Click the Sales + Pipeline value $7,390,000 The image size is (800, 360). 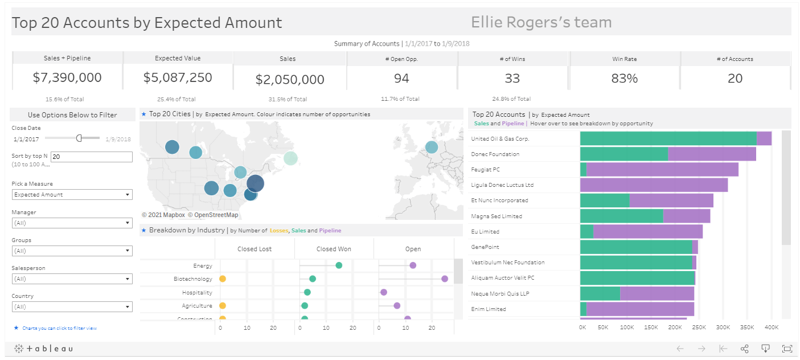tap(67, 78)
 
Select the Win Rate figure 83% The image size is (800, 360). tap(624, 79)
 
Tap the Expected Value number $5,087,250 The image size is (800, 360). tap(178, 78)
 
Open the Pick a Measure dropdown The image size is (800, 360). tap(72, 195)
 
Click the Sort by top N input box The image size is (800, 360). tap(91, 157)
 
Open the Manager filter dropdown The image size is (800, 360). tap(72, 223)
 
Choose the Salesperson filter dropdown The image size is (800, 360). tap(72, 279)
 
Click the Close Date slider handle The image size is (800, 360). tap(79, 138)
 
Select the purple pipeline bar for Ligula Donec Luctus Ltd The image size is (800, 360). tap(654, 185)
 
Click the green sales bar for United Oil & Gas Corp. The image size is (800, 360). tap(668, 138)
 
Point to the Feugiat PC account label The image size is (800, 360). tap(485, 170)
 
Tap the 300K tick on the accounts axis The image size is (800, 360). tap(723, 328)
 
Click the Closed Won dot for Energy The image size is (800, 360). tap(339, 265)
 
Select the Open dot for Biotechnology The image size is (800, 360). tap(444, 279)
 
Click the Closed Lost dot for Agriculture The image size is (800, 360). tap(223, 306)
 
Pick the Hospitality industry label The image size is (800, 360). tap(197, 293)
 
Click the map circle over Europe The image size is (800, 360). tap(432, 147)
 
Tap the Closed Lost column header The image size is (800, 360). tap(255, 249)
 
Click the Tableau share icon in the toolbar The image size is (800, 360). tap(744, 349)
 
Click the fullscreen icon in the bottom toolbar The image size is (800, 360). tap(787, 349)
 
